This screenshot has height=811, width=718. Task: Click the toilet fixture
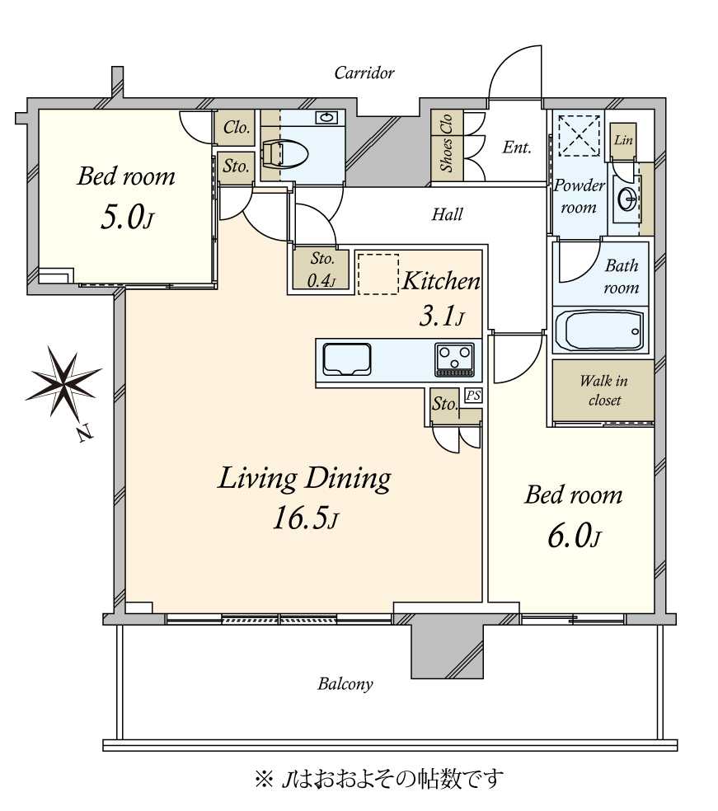[285, 153]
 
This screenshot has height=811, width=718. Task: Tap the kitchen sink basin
[347, 359]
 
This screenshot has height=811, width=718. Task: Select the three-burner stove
[455, 359]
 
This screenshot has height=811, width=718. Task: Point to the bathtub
[600, 330]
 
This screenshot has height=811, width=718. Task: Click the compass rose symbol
[63, 382]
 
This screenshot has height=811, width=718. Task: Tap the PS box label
[473, 396]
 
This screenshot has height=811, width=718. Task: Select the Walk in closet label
[603, 391]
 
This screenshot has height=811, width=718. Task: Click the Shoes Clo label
[447, 143]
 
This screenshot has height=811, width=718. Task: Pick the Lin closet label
[623, 139]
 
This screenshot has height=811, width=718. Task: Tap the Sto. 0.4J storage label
[321, 270]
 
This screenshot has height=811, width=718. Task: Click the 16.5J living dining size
[306, 518]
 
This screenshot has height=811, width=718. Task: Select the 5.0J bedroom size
[127, 218]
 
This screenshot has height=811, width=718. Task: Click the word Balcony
[345, 684]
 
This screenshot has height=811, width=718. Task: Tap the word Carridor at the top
[364, 73]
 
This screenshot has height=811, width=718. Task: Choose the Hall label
[447, 214]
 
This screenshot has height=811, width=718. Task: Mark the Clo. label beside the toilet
[237, 127]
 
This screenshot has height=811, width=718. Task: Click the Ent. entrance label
[517, 148]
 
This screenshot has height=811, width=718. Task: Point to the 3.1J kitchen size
[441, 316]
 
